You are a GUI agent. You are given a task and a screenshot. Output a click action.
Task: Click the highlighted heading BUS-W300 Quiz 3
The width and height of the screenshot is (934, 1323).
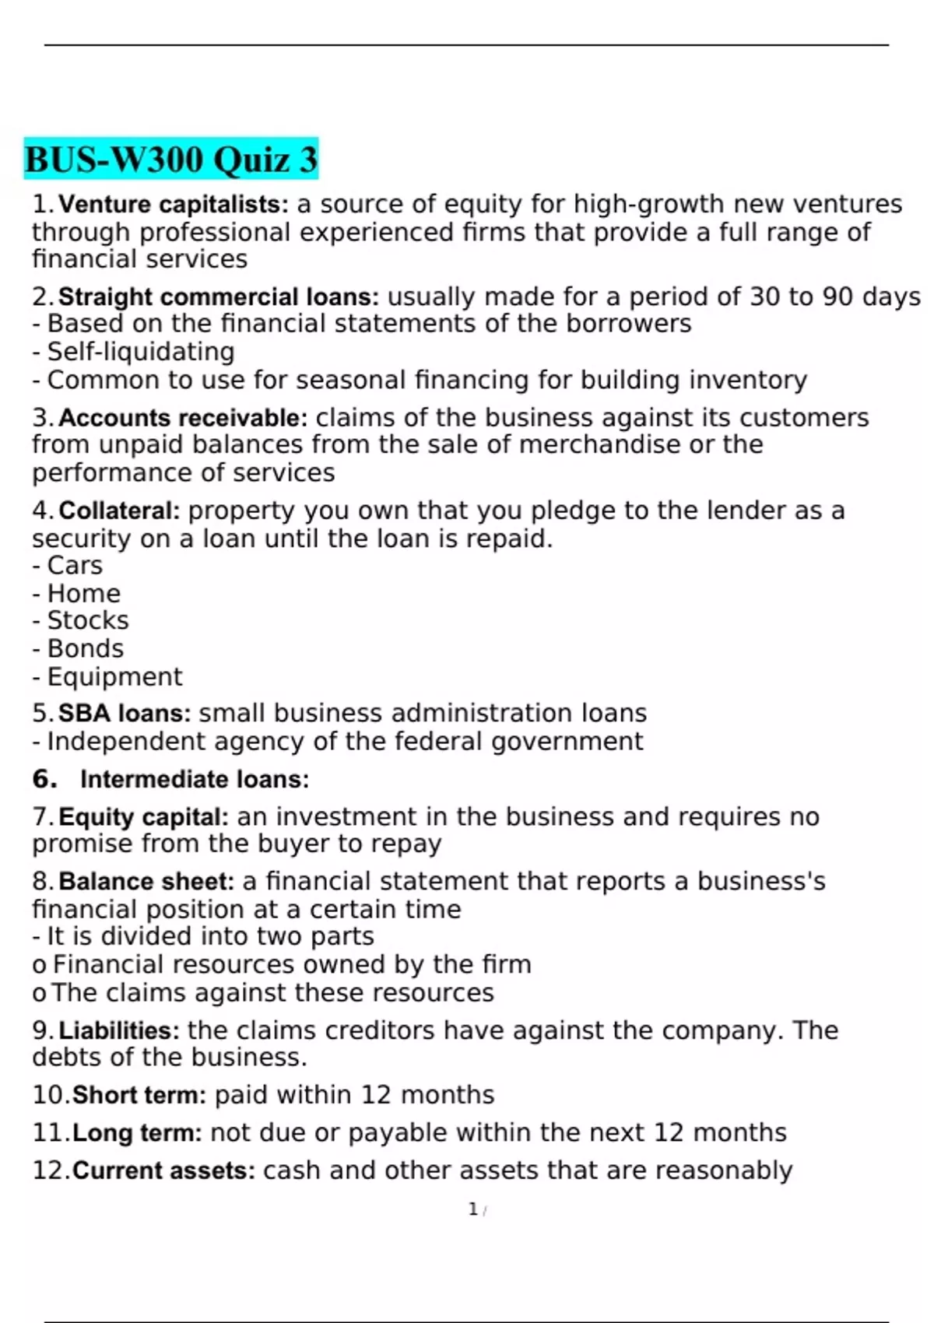click(171, 160)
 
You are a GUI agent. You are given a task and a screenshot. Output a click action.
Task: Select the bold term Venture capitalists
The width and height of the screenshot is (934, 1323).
click(173, 205)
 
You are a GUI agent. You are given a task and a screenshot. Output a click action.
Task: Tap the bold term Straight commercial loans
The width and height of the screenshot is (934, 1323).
click(218, 297)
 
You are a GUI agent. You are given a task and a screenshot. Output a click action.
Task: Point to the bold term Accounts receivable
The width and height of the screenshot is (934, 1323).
click(183, 418)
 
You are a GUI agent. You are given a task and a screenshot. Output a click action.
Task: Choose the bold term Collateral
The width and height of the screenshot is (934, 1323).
click(119, 511)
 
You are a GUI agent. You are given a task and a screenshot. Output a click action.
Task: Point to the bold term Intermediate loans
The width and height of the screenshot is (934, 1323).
click(195, 780)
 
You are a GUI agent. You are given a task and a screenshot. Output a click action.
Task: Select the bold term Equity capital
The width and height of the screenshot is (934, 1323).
click(143, 817)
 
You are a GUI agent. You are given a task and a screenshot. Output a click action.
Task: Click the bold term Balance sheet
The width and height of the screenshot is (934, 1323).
click(146, 882)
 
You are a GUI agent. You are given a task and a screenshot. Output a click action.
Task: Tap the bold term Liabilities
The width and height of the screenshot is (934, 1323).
click(119, 1031)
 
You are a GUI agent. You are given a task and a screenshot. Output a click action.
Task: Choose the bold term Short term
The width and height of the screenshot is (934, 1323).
click(139, 1096)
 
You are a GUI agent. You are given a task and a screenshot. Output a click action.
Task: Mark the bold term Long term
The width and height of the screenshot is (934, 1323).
click(137, 1133)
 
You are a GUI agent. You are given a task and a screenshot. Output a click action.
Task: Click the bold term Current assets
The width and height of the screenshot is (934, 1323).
click(163, 1171)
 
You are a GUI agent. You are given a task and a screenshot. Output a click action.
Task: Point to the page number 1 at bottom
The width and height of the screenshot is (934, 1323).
click(473, 1209)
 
